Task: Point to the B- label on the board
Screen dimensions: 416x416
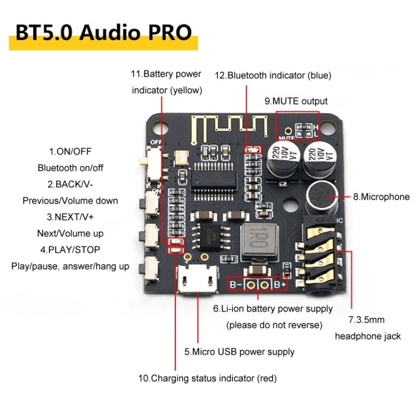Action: [x=236, y=285]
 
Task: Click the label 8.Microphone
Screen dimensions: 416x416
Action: [x=381, y=197]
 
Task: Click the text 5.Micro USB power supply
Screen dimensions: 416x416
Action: [x=240, y=352]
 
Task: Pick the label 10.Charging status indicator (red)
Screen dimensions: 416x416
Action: [x=207, y=378]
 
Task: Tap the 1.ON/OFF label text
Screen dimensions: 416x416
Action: [x=70, y=151]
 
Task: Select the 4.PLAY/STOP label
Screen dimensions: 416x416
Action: [x=70, y=250]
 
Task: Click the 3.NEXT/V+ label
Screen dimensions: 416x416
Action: [x=70, y=217]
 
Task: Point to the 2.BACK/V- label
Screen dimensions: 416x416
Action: [x=70, y=184]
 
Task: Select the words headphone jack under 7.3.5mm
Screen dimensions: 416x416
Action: [x=368, y=336]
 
